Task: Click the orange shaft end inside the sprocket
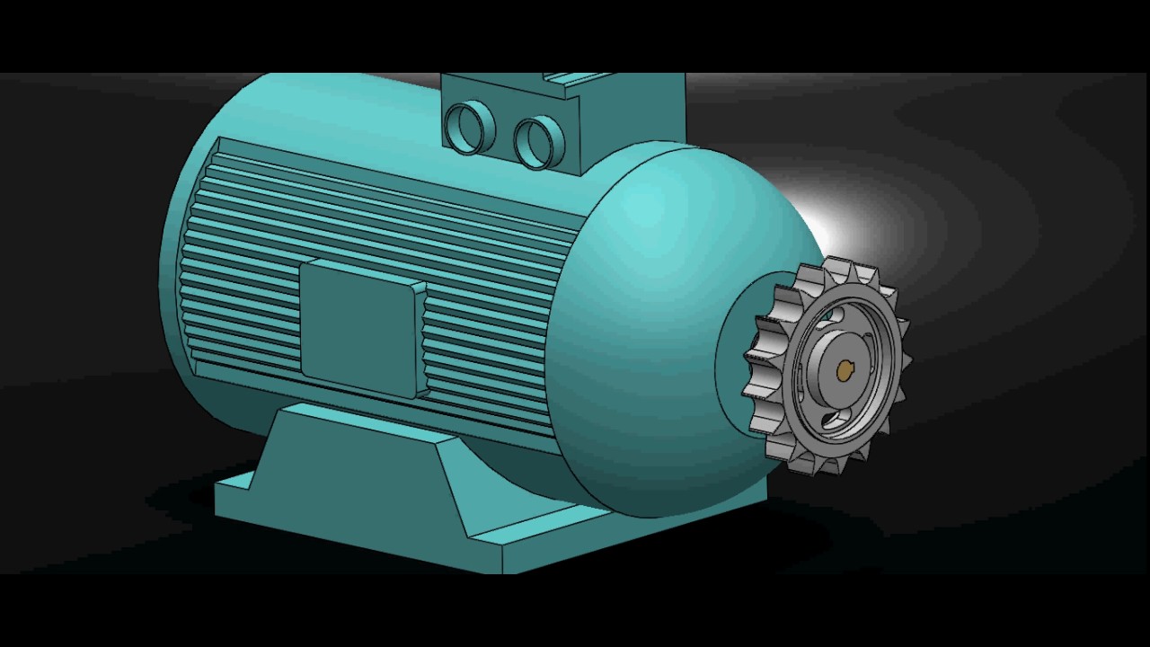coord(845,368)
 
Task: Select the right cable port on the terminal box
coord(538,142)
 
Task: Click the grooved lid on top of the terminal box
coord(575,80)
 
